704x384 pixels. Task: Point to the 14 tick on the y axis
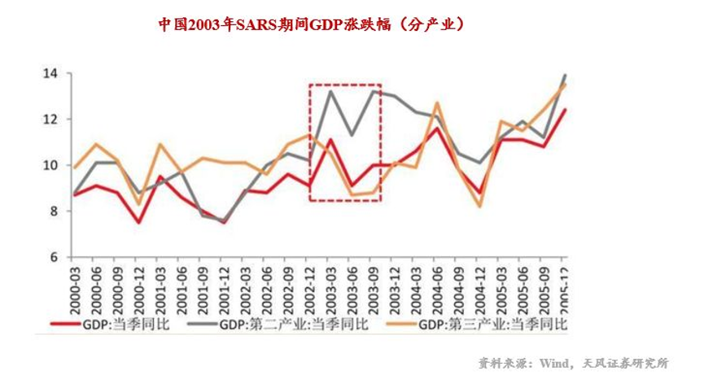[x=51, y=74]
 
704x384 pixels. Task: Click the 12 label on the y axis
[x=51, y=120]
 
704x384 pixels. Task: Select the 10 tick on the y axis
[x=51, y=166]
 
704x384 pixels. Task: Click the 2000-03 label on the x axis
[x=76, y=285]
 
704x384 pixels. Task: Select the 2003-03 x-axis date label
[x=331, y=285]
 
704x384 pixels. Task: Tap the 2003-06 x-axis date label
[x=352, y=285]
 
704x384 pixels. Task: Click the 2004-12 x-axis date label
[x=480, y=285]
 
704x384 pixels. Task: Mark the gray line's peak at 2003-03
[x=330, y=91]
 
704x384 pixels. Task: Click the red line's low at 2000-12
[x=139, y=223]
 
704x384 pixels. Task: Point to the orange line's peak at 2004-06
[x=437, y=103]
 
